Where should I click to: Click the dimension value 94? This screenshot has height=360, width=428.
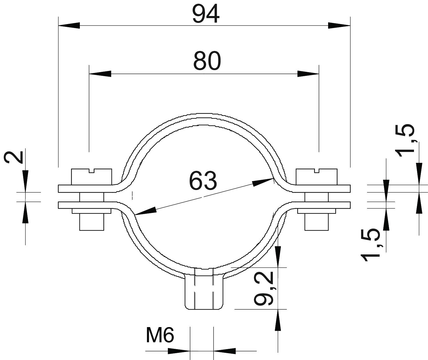tap(206, 15)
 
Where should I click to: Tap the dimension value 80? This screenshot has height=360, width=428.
tap(207, 61)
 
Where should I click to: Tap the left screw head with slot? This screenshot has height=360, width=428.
tap(91, 177)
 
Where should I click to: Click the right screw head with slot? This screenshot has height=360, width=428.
tap(316, 177)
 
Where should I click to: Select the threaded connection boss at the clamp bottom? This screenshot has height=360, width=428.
tap(204, 291)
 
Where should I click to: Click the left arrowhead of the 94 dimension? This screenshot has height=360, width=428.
tap(69, 25)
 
